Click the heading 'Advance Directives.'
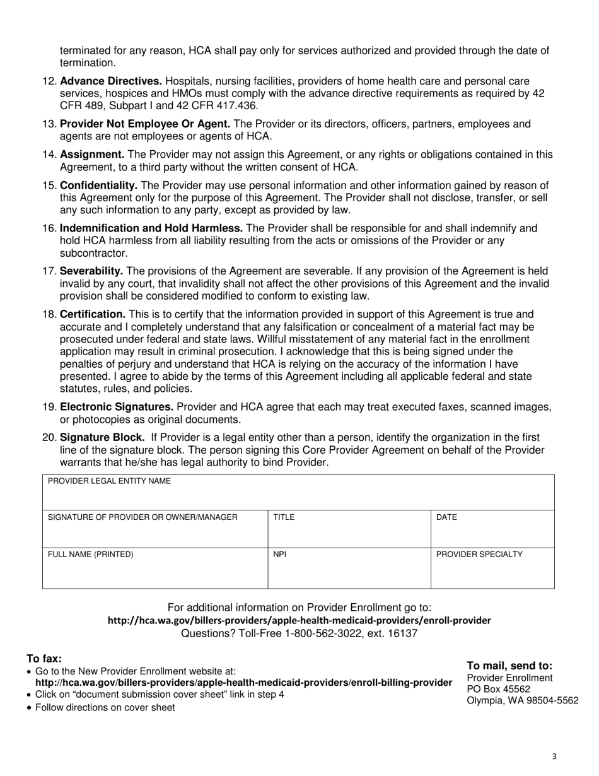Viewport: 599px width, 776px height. [111, 81]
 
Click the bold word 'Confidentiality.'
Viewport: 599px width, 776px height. [98, 185]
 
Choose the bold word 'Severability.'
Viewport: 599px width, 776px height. [91, 271]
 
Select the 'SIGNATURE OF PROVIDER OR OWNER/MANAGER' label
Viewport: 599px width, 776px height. [142, 517]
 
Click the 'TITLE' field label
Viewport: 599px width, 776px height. [283, 517]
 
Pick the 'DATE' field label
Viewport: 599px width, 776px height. [446, 517]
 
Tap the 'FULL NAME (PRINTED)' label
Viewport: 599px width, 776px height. [91, 555]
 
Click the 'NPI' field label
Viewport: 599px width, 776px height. [279, 555]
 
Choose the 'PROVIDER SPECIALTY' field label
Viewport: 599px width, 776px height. [479, 555]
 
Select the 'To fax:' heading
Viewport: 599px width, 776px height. [44, 659]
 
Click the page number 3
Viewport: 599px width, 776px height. [554, 757]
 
